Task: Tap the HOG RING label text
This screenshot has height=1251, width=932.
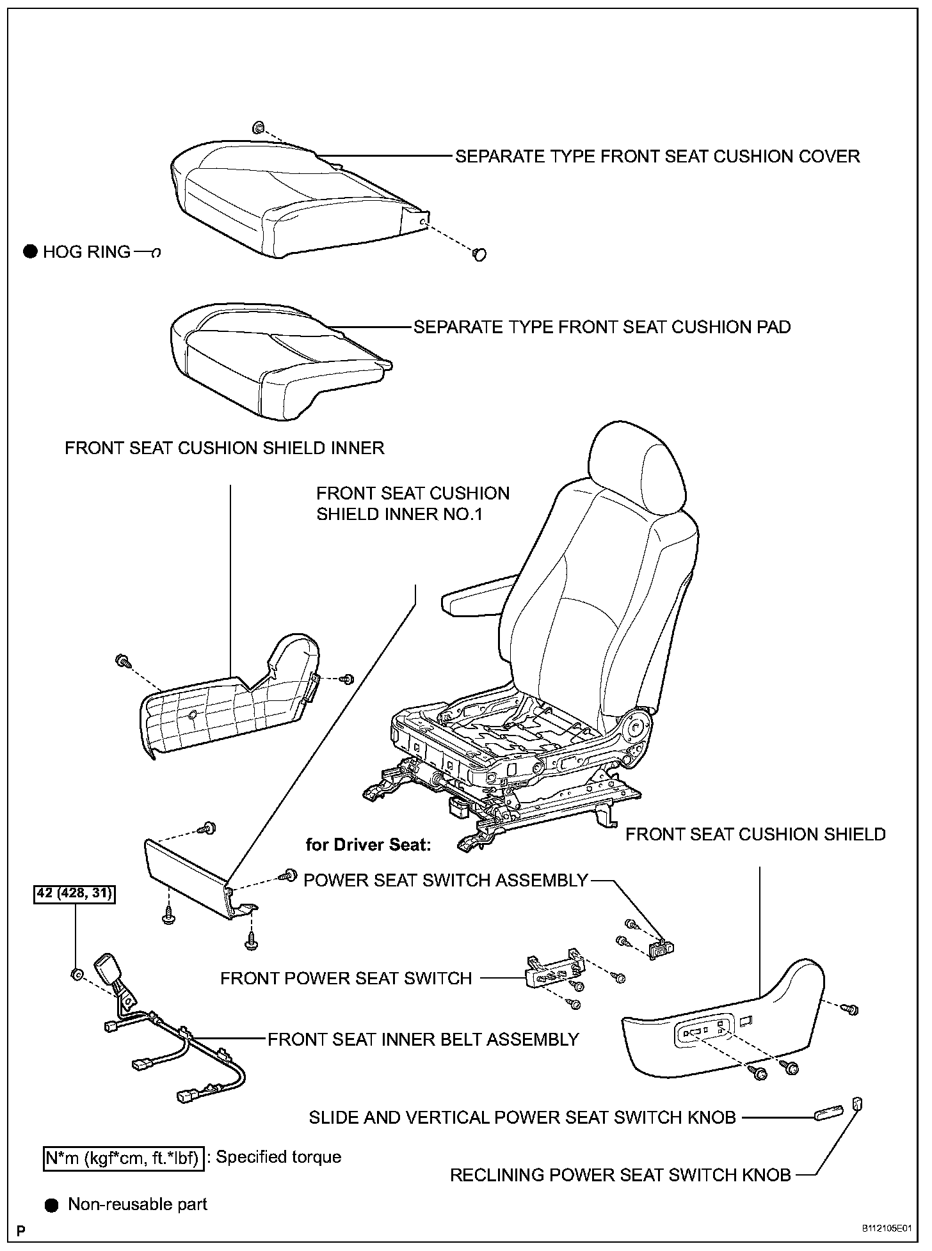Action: click(86, 252)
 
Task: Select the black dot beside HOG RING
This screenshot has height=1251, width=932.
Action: click(30, 252)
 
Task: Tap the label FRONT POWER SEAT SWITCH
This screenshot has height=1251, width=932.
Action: click(346, 978)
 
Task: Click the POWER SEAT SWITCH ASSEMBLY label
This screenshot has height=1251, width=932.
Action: click(446, 880)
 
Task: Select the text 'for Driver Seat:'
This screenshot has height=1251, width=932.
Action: click(368, 844)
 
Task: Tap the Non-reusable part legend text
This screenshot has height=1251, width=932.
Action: click(138, 1204)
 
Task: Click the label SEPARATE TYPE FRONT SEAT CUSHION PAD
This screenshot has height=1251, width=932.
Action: click(602, 327)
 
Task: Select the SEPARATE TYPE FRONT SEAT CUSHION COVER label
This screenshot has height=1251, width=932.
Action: click(657, 156)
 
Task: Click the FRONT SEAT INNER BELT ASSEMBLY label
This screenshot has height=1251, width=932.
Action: click(423, 1039)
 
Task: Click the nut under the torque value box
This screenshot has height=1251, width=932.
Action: click(76, 974)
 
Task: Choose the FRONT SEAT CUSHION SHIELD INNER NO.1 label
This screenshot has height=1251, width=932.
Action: click(413, 503)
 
